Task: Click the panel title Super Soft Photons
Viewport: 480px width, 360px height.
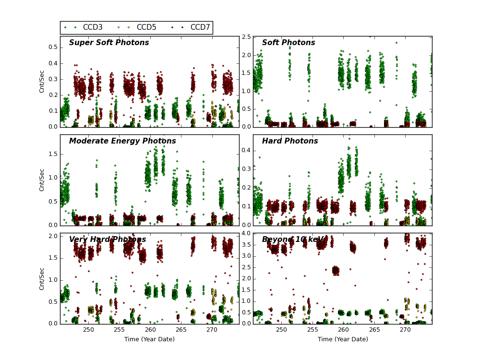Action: [109, 43]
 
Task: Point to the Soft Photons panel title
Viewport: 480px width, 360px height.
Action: [288, 43]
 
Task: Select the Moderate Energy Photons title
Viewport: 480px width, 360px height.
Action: [122, 141]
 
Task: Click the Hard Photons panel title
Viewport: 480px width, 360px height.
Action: [290, 141]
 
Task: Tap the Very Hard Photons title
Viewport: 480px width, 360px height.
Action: [108, 240]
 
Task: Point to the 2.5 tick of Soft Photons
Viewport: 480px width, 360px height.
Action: [246, 37]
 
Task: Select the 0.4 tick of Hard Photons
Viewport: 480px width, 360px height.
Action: [246, 151]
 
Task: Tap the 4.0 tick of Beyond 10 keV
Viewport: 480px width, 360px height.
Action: [246, 234]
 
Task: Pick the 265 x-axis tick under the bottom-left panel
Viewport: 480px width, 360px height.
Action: [181, 330]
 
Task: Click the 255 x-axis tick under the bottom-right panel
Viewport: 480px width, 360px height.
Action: [312, 330]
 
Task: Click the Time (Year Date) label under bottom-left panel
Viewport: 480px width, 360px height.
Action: [149, 339]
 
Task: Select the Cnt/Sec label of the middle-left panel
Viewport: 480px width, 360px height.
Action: [42, 180]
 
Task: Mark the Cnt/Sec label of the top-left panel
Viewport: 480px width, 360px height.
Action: [42, 82]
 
